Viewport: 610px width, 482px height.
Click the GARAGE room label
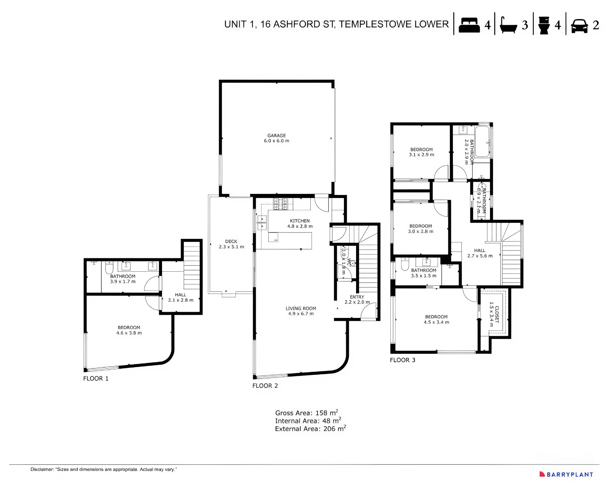coord(276,138)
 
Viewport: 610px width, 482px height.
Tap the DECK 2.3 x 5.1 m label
coord(231,244)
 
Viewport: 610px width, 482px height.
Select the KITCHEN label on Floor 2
coord(300,223)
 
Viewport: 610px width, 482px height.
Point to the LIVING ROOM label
coord(301,311)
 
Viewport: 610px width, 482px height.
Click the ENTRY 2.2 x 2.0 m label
coord(357,299)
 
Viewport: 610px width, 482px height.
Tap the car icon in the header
coord(579,26)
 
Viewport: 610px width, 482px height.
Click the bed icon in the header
coord(469,25)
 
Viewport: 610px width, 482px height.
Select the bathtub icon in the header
coord(508,26)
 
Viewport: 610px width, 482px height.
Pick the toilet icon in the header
coord(544,25)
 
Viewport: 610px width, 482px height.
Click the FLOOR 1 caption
coord(96,378)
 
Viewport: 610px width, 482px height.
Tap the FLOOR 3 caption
coord(402,360)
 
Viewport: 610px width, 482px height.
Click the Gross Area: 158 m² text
coord(307,413)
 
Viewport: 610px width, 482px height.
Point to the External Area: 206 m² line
coord(310,429)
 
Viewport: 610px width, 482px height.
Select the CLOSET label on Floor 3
coord(494,314)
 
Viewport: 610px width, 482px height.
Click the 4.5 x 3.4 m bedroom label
coord(436,319)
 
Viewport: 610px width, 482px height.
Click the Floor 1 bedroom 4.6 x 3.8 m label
coord(129,330)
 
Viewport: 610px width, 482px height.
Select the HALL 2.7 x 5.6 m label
coord(480,253)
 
